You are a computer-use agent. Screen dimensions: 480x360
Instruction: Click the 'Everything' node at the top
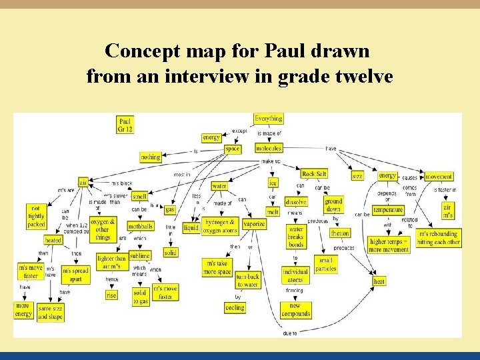click(269, 119)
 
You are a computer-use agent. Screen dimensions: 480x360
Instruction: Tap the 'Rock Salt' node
click(314, 174)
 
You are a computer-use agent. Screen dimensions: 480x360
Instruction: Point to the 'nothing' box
click(151, 157)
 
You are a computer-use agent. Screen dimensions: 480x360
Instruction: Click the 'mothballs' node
click(141, 227)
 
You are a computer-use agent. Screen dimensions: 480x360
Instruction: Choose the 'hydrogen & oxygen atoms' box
click(221, 226)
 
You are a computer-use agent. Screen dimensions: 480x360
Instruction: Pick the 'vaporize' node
click(254, 225)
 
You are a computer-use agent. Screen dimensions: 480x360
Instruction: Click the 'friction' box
click(339, 233)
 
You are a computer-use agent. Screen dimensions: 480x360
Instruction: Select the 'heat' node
click(379, 281)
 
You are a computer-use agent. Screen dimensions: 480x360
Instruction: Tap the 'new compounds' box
click(295, 310)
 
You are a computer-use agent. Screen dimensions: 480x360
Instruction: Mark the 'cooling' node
click(235, 308)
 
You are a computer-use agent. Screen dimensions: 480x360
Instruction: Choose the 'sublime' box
click(140, 256)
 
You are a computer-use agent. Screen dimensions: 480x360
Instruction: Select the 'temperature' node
click(388, 210)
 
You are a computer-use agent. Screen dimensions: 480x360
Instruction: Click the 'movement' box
click(438, 177)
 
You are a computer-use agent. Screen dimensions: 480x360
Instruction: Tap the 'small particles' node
click(326, 264)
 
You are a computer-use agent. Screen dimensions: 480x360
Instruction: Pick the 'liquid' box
click(191, 227)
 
